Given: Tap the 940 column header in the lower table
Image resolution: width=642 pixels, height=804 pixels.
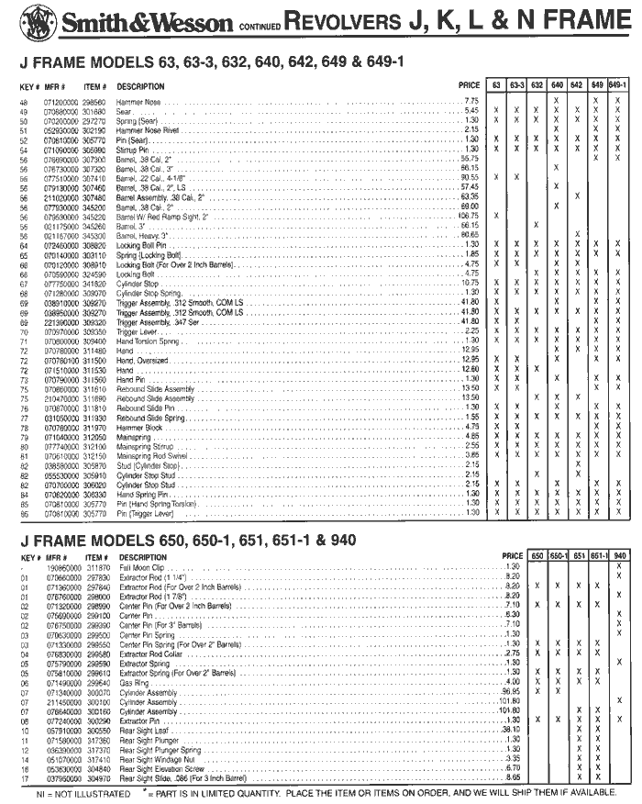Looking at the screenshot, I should (620, 556).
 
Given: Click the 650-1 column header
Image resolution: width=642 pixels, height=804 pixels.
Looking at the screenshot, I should (559, 556).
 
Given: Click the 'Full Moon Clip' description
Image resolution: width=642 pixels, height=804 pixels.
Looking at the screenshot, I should (142, 568).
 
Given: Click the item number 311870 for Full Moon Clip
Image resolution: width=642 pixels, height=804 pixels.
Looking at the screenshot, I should (98, 568).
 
